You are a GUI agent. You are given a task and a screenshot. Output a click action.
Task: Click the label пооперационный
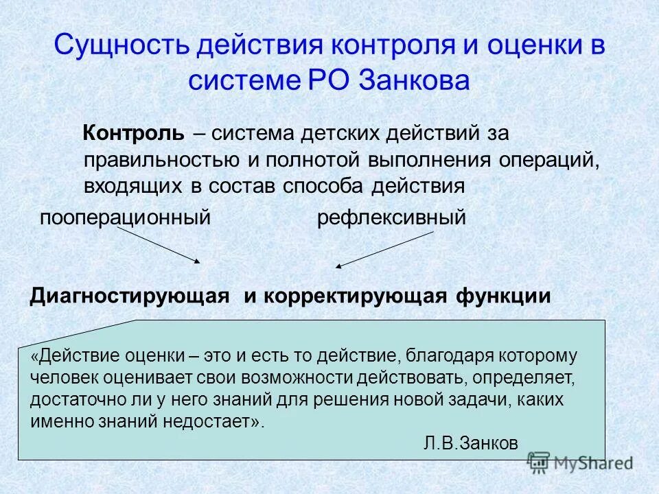(x=124, y=218)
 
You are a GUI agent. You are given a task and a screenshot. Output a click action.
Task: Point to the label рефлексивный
(x=391, y=218)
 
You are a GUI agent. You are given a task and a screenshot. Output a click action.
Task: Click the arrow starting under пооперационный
(x=159, y=246)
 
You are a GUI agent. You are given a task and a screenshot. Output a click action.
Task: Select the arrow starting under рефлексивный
(x=384, y=249)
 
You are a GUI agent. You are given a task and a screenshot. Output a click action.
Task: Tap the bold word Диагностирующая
(x=128, y=296)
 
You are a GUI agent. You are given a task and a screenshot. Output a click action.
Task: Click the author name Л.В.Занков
(x=471, y=443)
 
